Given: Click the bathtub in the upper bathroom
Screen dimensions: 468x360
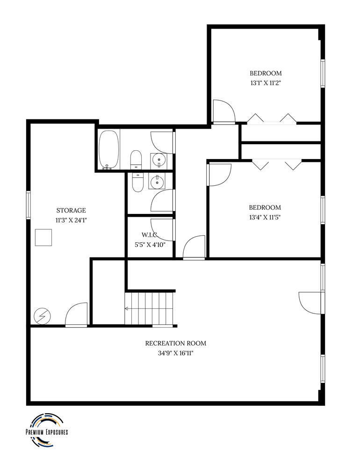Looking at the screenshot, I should click(x=109, y=149).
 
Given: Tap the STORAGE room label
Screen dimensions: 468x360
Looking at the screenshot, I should click(x=71, y=211).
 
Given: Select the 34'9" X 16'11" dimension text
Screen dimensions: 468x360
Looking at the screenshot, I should click(x=175, y=353).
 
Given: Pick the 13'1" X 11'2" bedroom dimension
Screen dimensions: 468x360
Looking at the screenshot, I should click(x=266, y=83).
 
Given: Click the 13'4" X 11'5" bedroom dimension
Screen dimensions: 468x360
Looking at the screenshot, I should click(x=265, y=217).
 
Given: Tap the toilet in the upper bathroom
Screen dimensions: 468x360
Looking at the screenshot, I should click(x=136, y=160).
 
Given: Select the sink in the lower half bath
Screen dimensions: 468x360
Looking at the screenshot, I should click(x=156, y=181).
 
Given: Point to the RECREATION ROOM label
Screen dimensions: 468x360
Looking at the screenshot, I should click(x=175, y=343).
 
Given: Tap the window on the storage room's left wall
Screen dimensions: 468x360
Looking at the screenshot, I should click(x=29, y=205).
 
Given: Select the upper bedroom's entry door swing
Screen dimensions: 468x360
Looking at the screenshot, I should click(x=223, y=111).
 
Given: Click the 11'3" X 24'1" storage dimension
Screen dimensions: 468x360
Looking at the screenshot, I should click(x=71, y=220).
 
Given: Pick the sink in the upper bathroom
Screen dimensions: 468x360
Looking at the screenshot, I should click(x=159, y=161).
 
